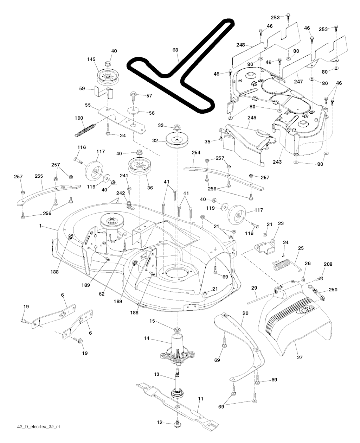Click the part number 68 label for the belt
coord(175,50)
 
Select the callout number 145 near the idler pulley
coord(91,59)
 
